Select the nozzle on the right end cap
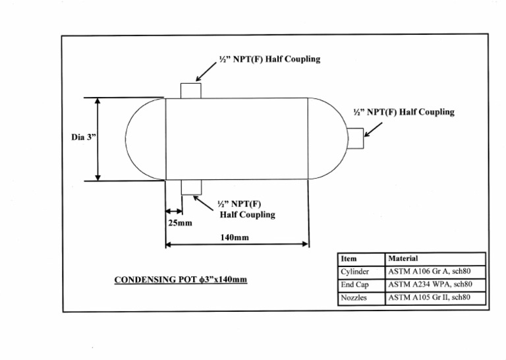(356, 138)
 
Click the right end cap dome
(327, 139)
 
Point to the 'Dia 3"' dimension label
(83, 137)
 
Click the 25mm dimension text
(179, 223)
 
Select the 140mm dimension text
(235, 237)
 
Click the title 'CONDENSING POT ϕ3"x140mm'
(181, 280)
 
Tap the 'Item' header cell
(349, 259)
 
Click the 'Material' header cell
(403, 259)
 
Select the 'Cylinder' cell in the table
(355, 272)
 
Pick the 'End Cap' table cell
(354, 285)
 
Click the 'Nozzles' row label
(354, 298)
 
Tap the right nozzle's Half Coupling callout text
(403, 112)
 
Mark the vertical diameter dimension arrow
(98, 139)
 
